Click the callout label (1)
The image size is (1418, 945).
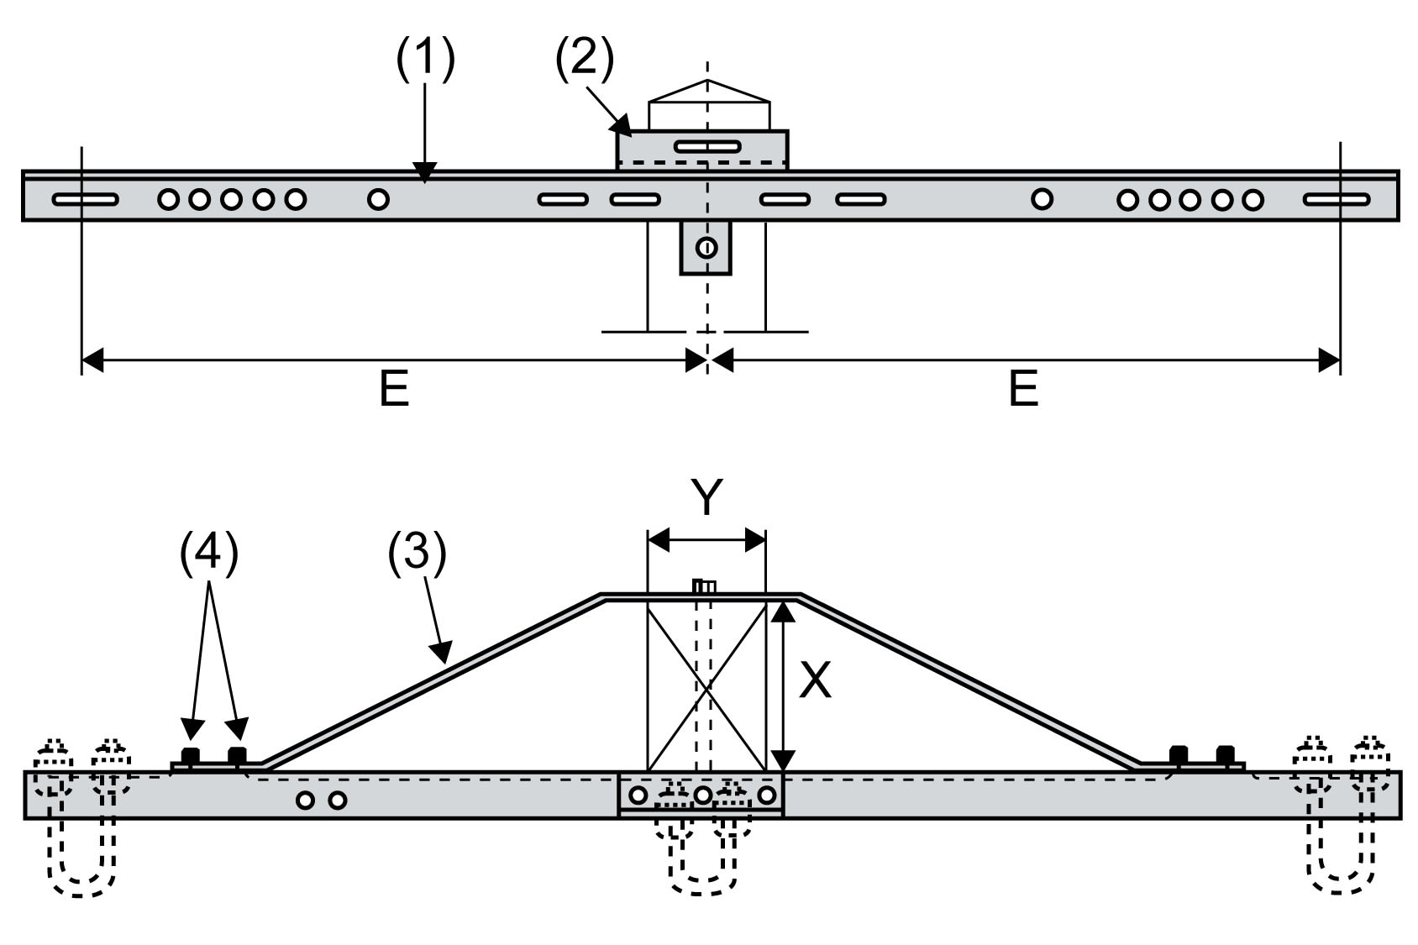(x=425, y=60)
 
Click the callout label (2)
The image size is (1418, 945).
(x=585, y=60)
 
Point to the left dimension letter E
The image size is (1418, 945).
(x=394, y=389)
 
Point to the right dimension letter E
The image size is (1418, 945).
(x=1022, y=389)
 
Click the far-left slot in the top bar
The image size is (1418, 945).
(x=85, y=200)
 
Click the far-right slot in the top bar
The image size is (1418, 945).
(x=1337, y=200)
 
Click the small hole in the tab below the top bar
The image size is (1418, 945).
(x=706, y=248)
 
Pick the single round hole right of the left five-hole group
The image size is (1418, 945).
(x=379, y=199)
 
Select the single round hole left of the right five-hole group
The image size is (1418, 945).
(x=1042, y=199)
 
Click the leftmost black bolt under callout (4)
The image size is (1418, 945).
(x=192, y=754)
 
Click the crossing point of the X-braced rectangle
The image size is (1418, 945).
(x=707, y=685)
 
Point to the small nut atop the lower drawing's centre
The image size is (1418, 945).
(x=703, y=586)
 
